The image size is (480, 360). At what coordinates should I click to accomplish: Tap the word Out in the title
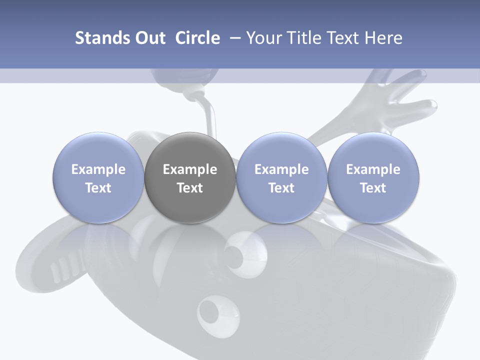149,38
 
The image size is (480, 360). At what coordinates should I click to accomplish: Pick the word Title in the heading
308,38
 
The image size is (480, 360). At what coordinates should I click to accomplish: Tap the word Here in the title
385,38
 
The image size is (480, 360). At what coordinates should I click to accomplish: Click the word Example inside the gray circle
190,169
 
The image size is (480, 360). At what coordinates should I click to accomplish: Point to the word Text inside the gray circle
190,188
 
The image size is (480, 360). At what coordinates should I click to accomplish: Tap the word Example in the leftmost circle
98,169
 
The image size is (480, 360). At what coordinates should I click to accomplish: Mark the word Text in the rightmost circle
373,188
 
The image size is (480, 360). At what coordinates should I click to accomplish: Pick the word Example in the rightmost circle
373,169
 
